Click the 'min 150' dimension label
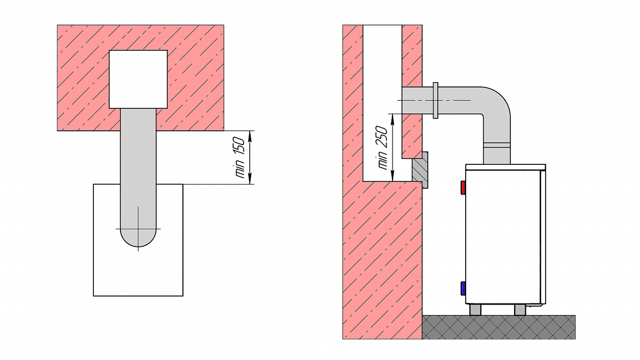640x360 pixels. coord(239,157)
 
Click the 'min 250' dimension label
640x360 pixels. coord(382,148)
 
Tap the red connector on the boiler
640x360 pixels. coord(463,188)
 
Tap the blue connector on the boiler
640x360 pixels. coord(463,289)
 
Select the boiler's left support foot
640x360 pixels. coord(475,309)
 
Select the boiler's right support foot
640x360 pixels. coord(519,309)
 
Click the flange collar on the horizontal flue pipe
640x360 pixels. coord(435,100)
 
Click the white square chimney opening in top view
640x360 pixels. coord(138,79)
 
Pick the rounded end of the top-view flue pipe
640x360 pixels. coord(138,238)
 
